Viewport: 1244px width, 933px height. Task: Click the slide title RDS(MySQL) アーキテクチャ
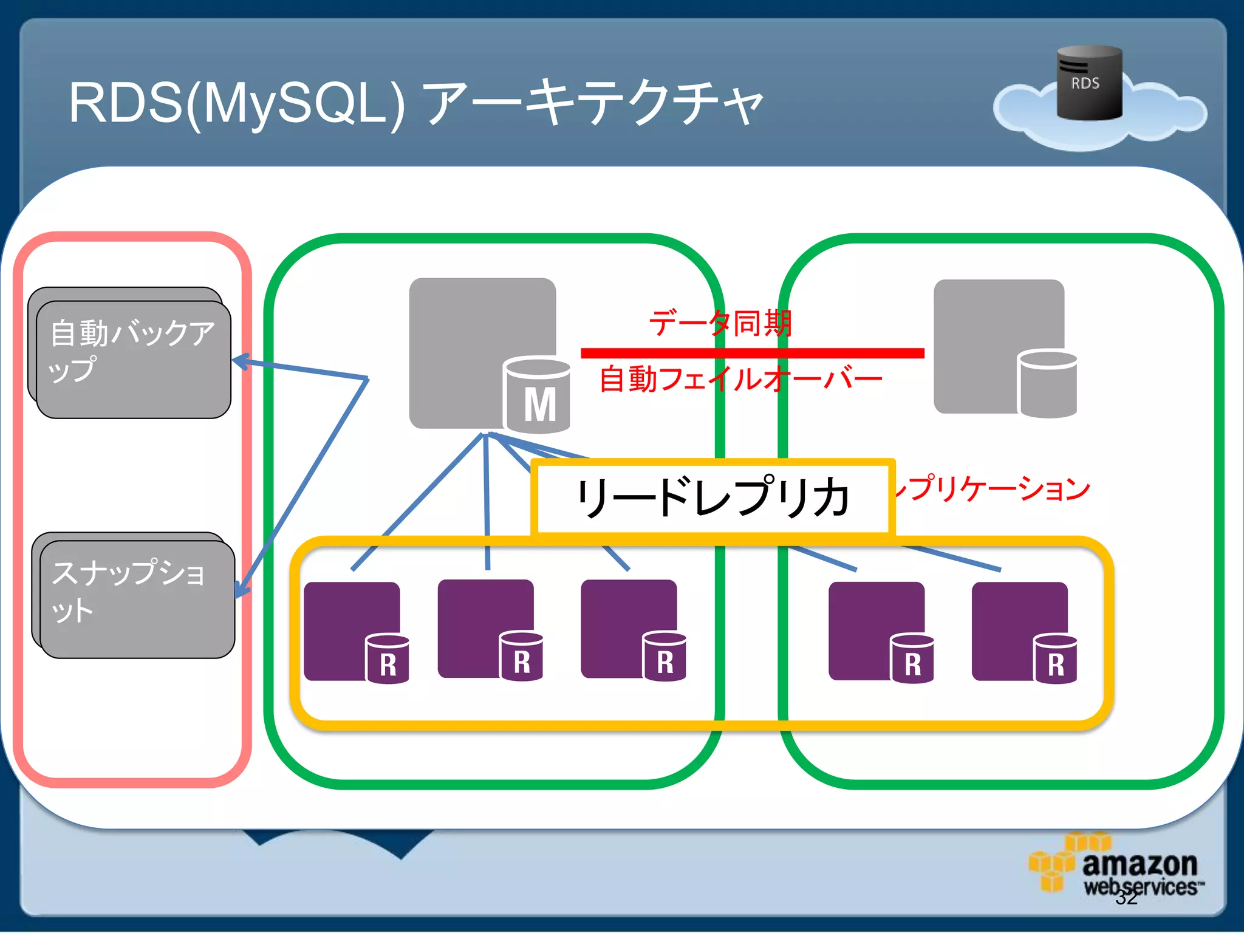tap(415, 103)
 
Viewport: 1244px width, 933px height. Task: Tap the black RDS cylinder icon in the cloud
tap(1088, 83)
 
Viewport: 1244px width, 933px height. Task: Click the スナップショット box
tap(136, 598)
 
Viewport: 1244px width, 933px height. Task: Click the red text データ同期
tap(720, 323)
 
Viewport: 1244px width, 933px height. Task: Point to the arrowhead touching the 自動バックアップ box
tap(241, 361)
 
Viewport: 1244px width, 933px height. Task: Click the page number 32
tap(1126, 898)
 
